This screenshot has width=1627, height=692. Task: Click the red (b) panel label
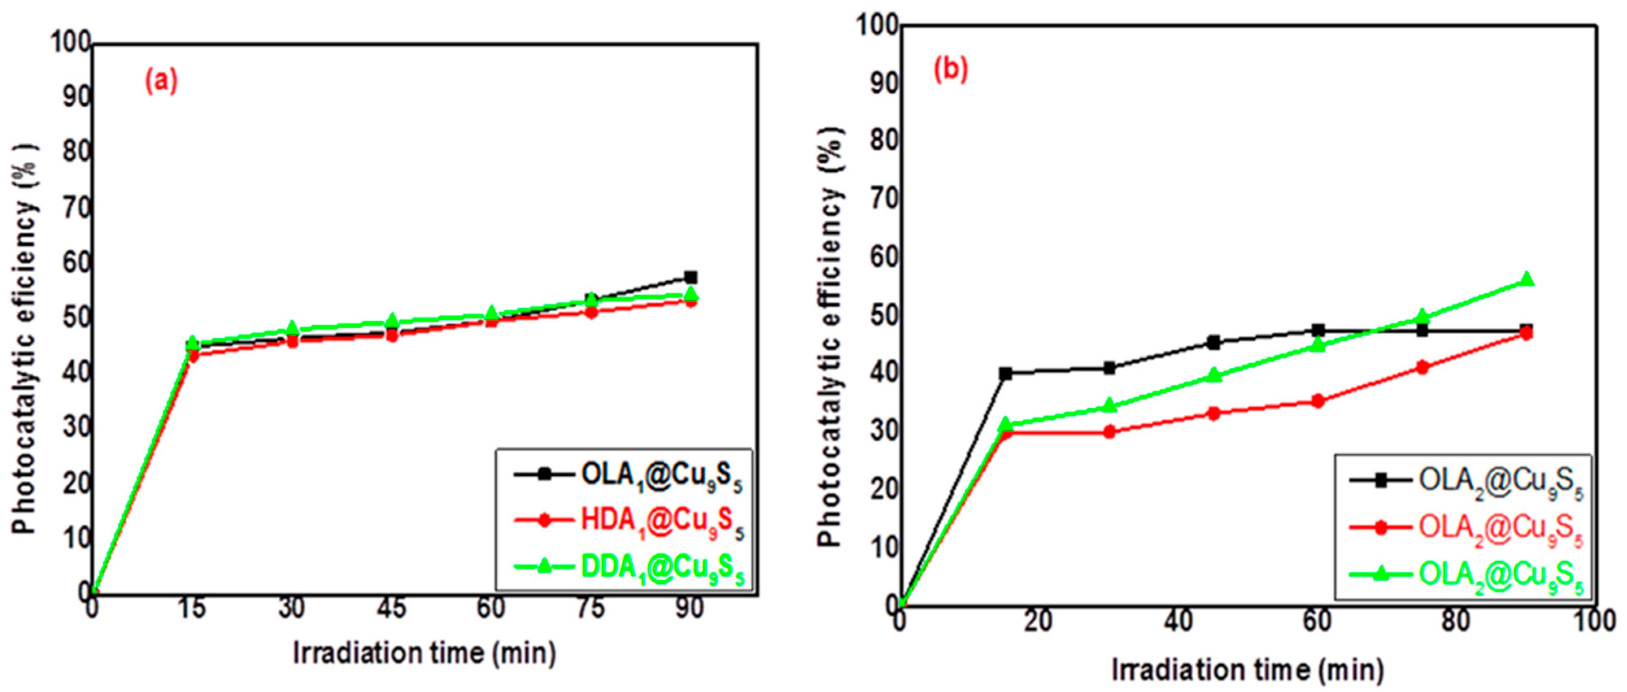point(951,70)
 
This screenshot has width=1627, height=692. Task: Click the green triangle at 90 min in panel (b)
point(1527,279)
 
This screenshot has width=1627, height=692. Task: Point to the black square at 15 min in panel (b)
point(1005,373)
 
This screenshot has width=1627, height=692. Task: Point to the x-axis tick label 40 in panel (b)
point(1178,622)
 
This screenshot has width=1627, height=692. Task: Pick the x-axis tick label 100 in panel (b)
point(1594,622)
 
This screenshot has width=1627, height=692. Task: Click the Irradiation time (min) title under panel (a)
point(424,653)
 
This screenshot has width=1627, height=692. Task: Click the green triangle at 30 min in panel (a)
point(292,329)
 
